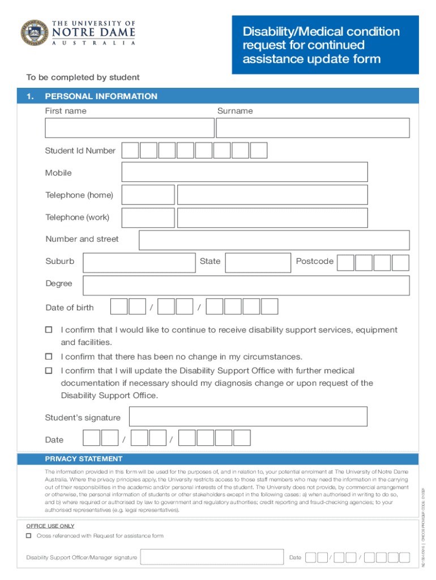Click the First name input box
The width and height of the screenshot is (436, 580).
[x=130, y=128]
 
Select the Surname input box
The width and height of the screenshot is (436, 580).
[x=313, y=128]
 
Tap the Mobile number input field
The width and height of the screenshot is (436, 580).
[x=245, y=172]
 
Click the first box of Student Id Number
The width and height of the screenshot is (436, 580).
[x=130, y=150]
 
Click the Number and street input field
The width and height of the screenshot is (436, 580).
[x=274, y=240]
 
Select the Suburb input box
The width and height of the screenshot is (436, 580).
[x=139, y=262]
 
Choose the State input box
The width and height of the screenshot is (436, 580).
[x=258, y=262]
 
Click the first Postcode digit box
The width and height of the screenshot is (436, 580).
[x=346, y=262]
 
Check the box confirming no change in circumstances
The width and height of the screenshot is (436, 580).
[x=49, y=356]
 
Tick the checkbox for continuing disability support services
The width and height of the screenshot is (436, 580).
[x=49, y=330]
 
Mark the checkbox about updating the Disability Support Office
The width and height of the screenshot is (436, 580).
[x=49, y=370]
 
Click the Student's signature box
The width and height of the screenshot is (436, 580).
[x=248, y=417]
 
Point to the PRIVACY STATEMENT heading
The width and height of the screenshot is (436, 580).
[x=84, y=459]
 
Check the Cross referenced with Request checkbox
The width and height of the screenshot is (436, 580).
[x=29, y=536]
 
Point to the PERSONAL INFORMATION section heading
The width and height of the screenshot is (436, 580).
[x=101, y=96]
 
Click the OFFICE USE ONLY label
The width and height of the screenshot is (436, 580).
[x=50, y=526]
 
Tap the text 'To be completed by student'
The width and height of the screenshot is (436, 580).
[x=83, y=78]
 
